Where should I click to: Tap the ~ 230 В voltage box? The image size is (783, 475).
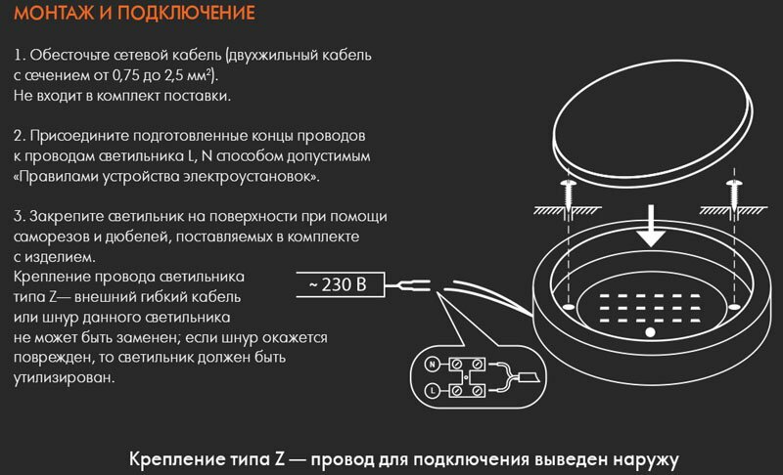(x=337, y=286)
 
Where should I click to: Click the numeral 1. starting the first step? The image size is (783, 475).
(x=20, y=55)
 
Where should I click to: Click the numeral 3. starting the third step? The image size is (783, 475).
(x=20, y=215)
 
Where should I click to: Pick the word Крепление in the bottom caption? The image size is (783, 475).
(x=177, y=456)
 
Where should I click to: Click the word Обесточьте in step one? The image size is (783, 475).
(x=69, y=55)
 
